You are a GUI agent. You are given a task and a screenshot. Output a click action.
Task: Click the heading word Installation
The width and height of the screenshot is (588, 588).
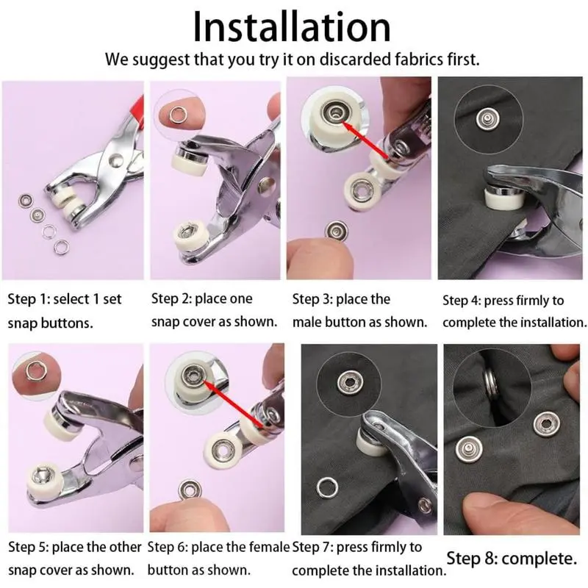coord(292,27)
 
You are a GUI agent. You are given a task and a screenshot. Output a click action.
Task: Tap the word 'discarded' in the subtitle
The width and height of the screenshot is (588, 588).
coord(355,60)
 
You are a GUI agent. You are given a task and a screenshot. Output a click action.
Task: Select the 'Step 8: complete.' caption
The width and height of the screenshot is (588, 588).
coord(512,559)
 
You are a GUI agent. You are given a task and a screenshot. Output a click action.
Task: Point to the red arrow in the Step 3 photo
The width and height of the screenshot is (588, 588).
coord(366,140)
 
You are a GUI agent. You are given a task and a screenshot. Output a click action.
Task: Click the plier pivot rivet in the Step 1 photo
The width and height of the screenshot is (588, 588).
coord(116,160)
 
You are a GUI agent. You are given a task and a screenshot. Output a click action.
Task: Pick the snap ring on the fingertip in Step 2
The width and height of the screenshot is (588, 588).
coord(176,114)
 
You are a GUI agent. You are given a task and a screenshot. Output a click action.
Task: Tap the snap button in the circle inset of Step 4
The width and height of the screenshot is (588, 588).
coord(487,119)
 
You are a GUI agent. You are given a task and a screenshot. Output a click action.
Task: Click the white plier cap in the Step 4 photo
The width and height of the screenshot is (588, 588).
coord(503,198)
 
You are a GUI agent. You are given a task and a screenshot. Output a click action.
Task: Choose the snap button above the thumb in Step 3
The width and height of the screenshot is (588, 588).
coord(337,231)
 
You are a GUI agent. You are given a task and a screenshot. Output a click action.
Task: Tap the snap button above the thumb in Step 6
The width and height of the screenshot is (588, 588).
coord(190,490)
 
